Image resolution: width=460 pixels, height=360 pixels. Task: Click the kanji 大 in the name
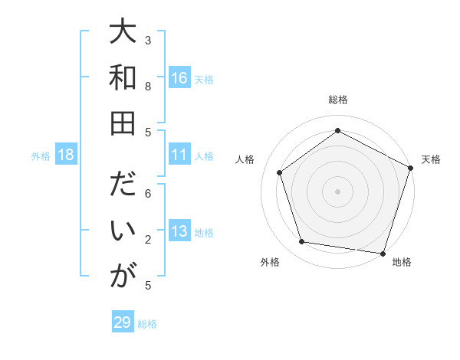point(123,34)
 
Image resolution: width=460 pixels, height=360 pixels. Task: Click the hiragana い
point(123,231)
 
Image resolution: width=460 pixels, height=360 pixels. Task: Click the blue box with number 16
point(179,78)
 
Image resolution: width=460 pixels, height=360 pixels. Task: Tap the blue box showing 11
point(179,155)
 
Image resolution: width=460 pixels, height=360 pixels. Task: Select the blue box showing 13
point(179,232)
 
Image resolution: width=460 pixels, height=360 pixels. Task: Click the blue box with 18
point(66,155)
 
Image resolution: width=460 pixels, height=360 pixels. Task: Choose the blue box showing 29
point(123,322)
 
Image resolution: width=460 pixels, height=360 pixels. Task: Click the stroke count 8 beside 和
point(148,87)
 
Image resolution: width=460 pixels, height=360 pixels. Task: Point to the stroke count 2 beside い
point(148,241)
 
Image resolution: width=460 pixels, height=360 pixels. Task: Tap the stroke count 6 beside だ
point(148,194)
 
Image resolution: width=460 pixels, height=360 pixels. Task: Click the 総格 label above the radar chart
point(338,100)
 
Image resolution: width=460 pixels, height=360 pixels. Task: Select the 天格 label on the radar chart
point(432,160)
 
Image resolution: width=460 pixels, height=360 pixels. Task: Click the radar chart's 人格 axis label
point(245,160)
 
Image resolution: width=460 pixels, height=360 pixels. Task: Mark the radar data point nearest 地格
point(383,252)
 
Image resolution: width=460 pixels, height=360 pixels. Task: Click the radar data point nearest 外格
point(302,242)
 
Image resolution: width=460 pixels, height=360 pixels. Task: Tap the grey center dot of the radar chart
point(338,191)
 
